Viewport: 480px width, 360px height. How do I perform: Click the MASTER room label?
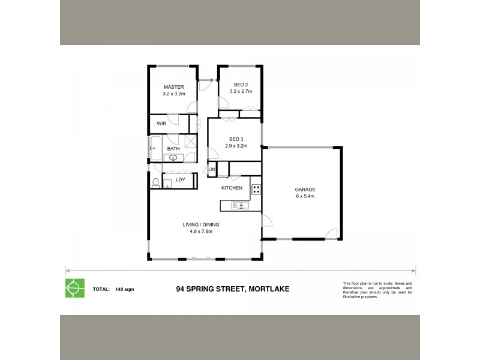pyautogui.click(x=173, y=87)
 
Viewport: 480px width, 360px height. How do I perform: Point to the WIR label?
pyautogui.click(x=161, y=123)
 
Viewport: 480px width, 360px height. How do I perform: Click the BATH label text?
pyautogui.click(x=173, y=149)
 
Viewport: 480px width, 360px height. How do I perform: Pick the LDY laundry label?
pyautogui.click(x=180, y=179)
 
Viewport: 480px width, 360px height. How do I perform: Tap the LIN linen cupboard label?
pyautogui.click(x=212, y=170)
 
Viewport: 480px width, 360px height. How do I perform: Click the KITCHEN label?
pyautogui.click(x=232, y=188)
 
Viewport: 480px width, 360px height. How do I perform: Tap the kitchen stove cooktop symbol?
pyautogui.click(x=256, y=189)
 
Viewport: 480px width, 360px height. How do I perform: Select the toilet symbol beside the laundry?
pyautogui.click(x=155, y=183)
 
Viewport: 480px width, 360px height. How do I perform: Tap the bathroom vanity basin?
pyautogui.click(x=173, y=158)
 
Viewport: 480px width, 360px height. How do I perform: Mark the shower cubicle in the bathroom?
pyautogui.click(x=190, y=142)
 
